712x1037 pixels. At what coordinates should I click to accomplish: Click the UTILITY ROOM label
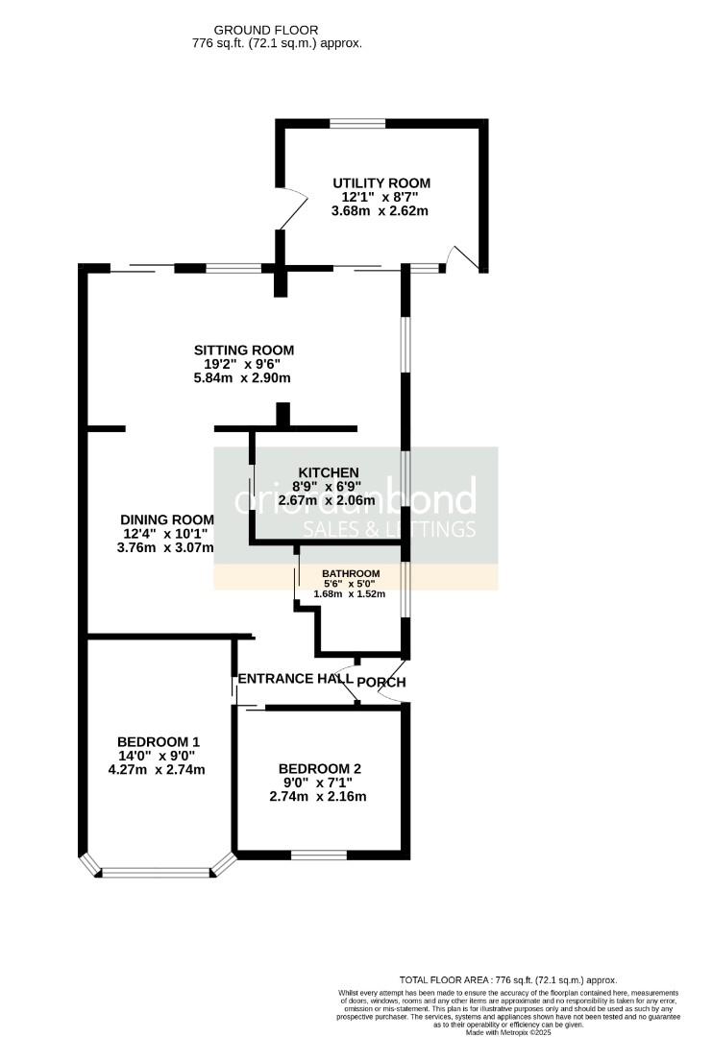(x=381, y=182)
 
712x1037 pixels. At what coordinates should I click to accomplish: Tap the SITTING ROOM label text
(x=243, y=350)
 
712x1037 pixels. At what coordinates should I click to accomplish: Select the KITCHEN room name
(x=329, y=472)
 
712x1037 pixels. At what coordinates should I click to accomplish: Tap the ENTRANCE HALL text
(x=295, y=679)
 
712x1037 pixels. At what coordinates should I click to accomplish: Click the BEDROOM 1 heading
(x=159, y=741)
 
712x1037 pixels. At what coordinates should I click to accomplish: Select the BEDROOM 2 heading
(x=319, y=768)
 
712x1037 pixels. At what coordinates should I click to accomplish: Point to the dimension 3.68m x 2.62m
(x=381, y=211)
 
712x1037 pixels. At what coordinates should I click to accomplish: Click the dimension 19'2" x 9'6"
(x=243, y=364)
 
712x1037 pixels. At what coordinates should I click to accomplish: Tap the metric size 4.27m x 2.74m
(x=159, y=769)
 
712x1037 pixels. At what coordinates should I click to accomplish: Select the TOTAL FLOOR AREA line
(x=509, y=978)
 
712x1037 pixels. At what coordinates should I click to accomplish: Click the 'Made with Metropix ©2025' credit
(x=509, y=1032)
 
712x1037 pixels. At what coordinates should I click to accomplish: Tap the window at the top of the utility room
(x=357, y=123)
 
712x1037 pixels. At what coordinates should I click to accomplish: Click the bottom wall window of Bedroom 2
(x=318, y=854)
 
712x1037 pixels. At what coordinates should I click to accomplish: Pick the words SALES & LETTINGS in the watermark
(x=389, y=529)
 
